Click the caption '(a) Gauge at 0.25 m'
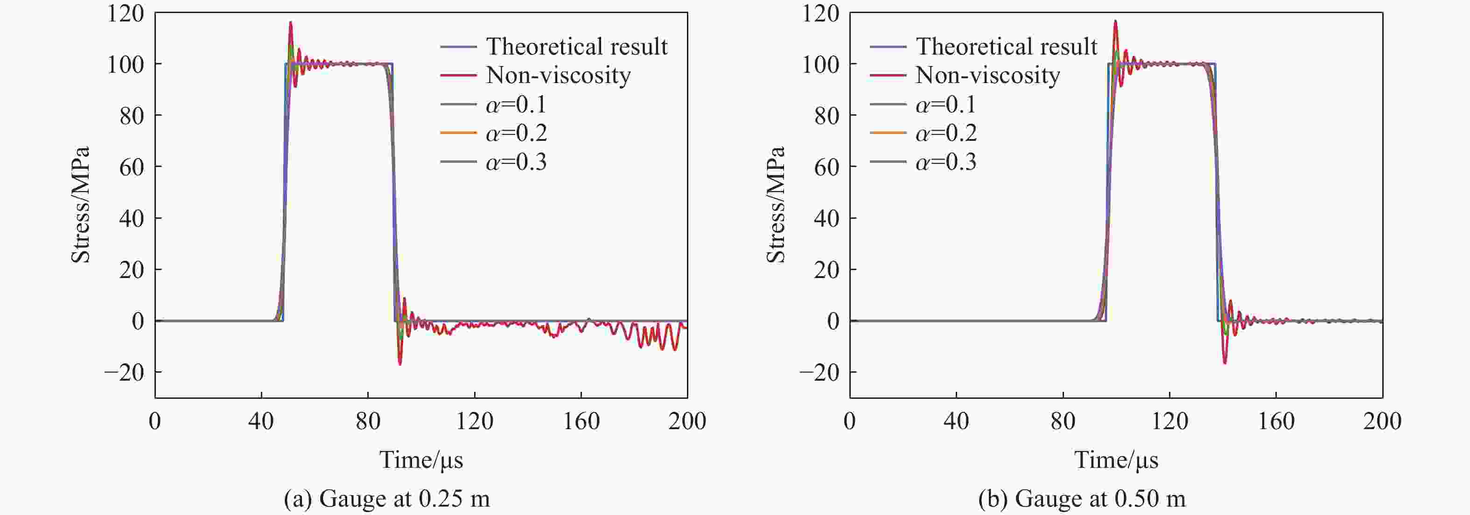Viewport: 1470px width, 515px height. [x=387, y=499]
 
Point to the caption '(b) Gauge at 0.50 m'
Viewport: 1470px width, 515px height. [x=1082, y=499]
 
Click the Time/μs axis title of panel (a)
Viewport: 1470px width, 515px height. [x=421, y=459]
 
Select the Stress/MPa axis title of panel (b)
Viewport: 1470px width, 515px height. [x=776, y=205]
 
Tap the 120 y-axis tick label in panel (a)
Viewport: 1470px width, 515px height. [x=126, y=13]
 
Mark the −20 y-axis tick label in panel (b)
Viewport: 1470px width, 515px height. [x=819, y=372]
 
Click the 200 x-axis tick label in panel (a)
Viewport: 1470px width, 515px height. [x=687, y=421]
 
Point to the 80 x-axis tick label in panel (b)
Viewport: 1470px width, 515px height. [x=1063, y=421]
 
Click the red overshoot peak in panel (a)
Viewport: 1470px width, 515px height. [x=290, y=22]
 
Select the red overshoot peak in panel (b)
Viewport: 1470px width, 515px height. [x=1115, y=21]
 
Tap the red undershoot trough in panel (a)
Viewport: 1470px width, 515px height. [x=400, y=364]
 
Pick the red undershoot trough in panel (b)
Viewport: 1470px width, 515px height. [x=1225, y=363]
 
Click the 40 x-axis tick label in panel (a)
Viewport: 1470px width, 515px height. [x=261, y=421]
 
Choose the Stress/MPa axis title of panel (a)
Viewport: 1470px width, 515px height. [x=80, y=205]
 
